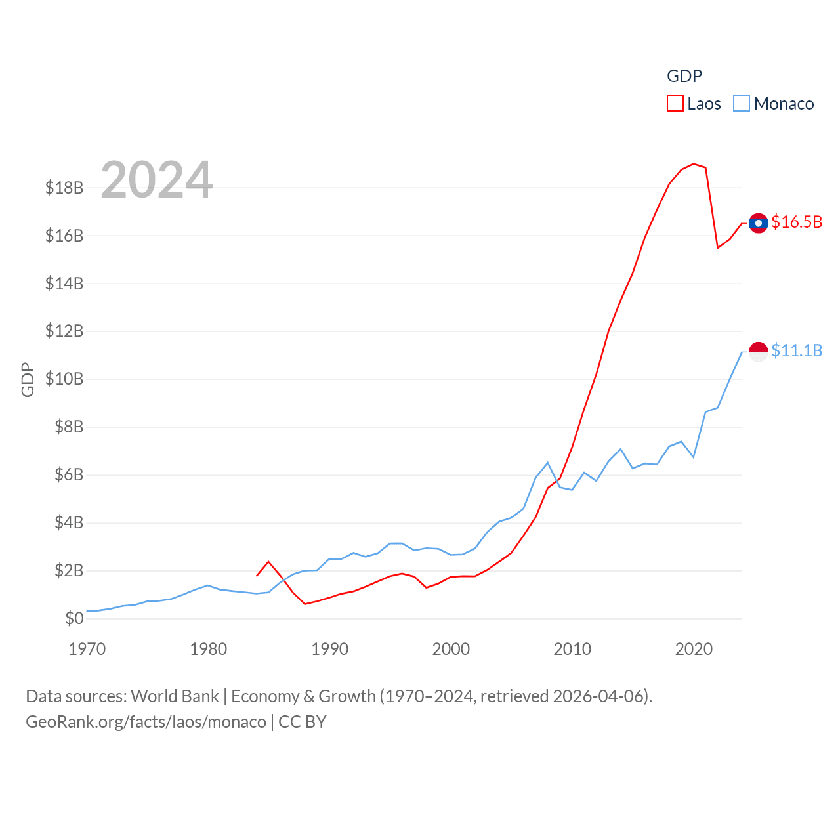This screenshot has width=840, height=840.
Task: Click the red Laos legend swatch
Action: pos(675,104)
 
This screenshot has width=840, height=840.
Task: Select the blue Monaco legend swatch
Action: pos(742,104)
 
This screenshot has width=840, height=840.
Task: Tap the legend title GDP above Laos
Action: pos(684,76)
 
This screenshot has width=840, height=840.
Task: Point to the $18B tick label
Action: pos(64,188)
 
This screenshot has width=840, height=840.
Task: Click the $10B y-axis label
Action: pos(64,379)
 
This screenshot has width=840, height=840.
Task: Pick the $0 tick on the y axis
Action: pos(74,618)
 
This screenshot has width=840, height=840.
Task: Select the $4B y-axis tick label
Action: pos(69,522)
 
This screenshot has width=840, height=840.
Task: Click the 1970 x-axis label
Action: pos(87,649)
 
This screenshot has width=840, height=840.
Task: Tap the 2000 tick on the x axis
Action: pos(451,649)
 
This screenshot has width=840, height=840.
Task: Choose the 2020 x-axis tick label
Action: pos(694,649)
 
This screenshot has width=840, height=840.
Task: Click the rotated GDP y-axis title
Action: pos(28,379)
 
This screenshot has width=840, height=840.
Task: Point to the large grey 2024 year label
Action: pos(156,180)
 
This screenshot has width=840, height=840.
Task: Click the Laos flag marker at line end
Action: pos(759,223)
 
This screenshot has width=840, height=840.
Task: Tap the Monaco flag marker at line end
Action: pos(759,352)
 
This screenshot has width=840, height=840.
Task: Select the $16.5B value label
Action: pos(797,222)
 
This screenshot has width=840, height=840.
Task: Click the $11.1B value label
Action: pos(797,350)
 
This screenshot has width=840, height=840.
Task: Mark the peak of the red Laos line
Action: pos(694,163)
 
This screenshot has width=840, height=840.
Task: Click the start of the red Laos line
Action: pos(257,576)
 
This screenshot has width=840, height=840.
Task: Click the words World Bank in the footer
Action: pos(175,696)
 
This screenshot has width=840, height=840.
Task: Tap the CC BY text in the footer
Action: pos(303,722)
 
